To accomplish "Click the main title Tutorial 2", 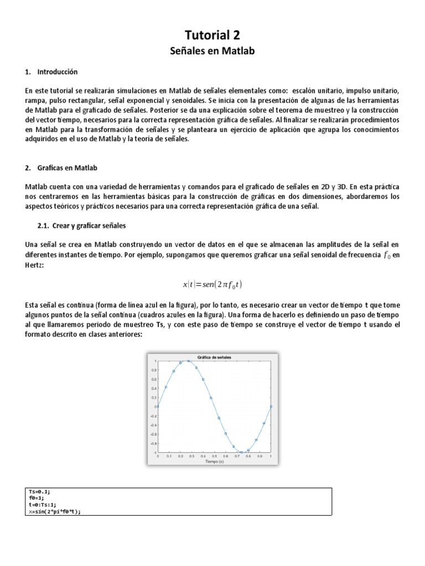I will pyautogui.click(x=212, y=35).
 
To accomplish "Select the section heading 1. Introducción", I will pyautogui.click(x=51, y=72).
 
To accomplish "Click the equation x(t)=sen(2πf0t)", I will pyautogui.click(x=212, y=285).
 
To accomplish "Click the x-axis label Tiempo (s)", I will pyautogui.click(x=214, y=461).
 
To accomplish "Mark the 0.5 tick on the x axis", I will pyautogui.click(x=214, y=456).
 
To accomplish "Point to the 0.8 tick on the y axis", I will pyautogui.click(x=153, y=370).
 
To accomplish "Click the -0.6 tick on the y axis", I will pyautogui.click(x=152, y=434).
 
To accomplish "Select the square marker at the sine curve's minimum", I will pyautogui.click(x=242, y=452).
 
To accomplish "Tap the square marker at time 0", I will pyautogui.click(x=158, y=406).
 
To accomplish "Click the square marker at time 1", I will pyautogui.click(x=271, y=406).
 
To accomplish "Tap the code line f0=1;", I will pyautogui.click(x=37, y=498).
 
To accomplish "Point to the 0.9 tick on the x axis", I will pyautogui.click(x=260, y=456).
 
